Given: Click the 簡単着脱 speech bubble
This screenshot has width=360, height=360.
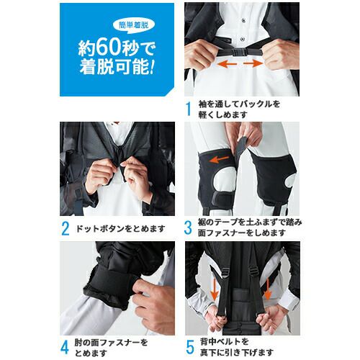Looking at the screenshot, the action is point(134,25).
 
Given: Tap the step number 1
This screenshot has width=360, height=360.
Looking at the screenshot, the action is point(189,109).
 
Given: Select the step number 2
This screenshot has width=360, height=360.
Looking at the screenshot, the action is point(66,228).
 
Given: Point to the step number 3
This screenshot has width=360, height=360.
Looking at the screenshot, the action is point(188,228).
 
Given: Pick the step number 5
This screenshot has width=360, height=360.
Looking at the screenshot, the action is point(190,347).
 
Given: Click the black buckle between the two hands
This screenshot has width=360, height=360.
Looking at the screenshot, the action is point(239,52).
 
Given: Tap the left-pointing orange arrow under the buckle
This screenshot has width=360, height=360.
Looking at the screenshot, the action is point(227,63).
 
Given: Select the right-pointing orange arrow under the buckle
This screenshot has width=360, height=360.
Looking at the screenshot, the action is point(253,63).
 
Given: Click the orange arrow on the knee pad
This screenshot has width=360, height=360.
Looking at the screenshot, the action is point(219,159).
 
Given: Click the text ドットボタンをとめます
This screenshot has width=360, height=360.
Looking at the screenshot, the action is point(121,228).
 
